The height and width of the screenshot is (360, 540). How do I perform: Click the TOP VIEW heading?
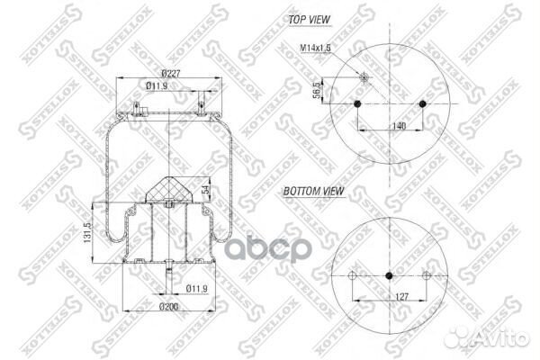(x=309, y=18)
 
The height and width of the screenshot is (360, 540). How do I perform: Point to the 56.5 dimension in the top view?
(x=317, y=92)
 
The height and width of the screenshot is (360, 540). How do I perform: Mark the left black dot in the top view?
(x=358, y=105)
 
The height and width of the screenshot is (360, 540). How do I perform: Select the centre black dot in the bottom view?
(x=390, y=274)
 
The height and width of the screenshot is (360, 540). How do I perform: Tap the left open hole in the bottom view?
(x=353, y=274)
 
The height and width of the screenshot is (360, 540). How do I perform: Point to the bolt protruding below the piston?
(x=169, y=274)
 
